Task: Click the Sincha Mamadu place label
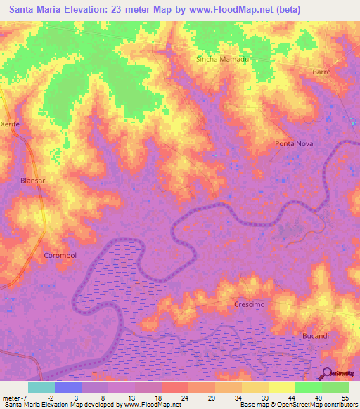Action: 223,59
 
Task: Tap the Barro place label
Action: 321,72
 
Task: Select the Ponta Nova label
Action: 293,143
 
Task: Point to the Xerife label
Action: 11,122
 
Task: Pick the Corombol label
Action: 60,255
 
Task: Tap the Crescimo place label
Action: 249,304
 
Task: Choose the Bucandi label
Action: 316,336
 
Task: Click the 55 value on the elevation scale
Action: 345,398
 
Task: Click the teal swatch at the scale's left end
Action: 41,387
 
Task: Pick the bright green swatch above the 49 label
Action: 308,387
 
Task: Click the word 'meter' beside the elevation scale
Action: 11,398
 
